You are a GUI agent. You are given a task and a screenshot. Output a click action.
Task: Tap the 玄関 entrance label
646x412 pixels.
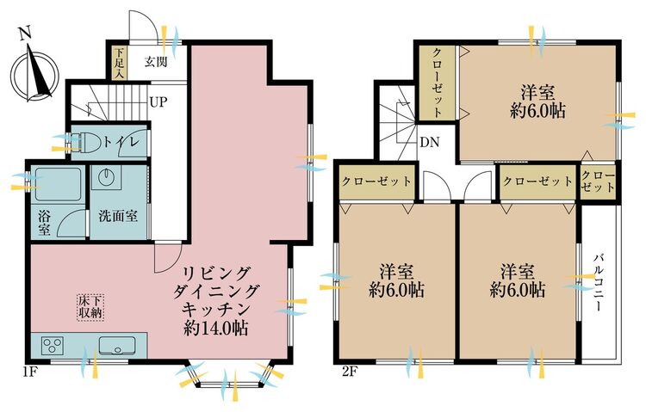click(x=156, y=62)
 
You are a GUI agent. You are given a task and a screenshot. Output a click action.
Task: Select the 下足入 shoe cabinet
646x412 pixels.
click(x=120, y=63)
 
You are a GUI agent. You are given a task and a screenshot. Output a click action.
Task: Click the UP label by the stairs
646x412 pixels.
click(x=159, y=101)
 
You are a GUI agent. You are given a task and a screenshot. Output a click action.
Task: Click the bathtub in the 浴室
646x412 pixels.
click(x=57, y=184)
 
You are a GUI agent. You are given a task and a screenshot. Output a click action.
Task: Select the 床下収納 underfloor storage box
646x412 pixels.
click(x=90, y=306)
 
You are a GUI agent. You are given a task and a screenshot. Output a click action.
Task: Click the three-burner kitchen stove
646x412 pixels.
click(x=53, y=345)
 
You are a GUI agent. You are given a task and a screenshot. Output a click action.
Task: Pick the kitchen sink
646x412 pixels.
click(x=117, y=345)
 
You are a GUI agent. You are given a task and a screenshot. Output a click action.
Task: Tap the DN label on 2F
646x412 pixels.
click(x=430, y=143)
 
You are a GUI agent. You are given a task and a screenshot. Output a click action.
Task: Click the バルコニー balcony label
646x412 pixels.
click(x=599, y=283)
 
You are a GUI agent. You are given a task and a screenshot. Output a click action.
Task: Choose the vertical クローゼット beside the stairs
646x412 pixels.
click(x=437, y=83)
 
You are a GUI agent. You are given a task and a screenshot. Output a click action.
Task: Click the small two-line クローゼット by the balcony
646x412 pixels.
click(x=598, y=181)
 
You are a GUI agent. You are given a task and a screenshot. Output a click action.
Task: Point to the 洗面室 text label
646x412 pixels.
click(x=118, y=216)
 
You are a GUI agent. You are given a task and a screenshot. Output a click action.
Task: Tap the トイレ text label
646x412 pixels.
click(x=122, y=143)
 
